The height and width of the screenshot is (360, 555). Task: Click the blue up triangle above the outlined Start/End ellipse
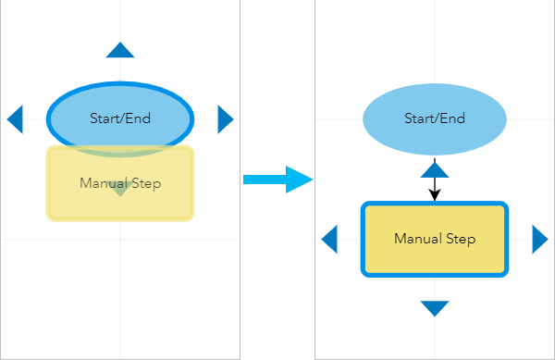[x=120, y=51]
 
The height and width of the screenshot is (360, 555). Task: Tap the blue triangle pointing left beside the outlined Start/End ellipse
[x=15, y=118]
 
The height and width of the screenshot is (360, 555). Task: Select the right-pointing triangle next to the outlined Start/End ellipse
[x=225, y=118]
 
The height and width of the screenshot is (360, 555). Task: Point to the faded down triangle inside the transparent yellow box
[x=119, y=189]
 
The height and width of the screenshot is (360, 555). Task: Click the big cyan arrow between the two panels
[x=277, y=179]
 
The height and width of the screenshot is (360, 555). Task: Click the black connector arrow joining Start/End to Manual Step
[x=435, y=185]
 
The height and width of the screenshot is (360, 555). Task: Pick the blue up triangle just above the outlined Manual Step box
[x=435, y=168]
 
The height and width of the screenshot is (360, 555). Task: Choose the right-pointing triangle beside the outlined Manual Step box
[x=539, y=239]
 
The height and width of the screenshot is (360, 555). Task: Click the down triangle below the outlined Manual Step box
[x=435, y=308]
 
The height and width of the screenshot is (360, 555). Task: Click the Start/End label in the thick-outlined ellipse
[x=120, y=118]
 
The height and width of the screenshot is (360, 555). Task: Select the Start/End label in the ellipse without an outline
[x=435, y=118]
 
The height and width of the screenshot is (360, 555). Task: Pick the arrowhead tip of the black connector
[x=435, y=199]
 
